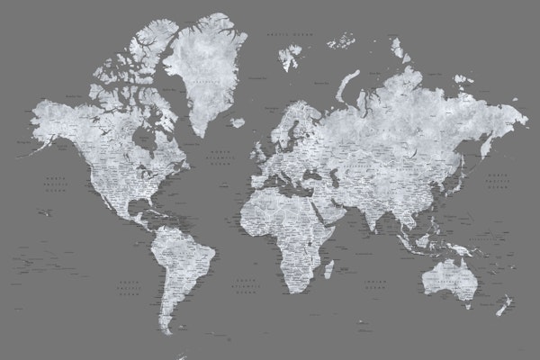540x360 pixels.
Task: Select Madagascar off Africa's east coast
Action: (x=328, y=268)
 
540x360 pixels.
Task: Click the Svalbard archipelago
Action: (x=289, y=56)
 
